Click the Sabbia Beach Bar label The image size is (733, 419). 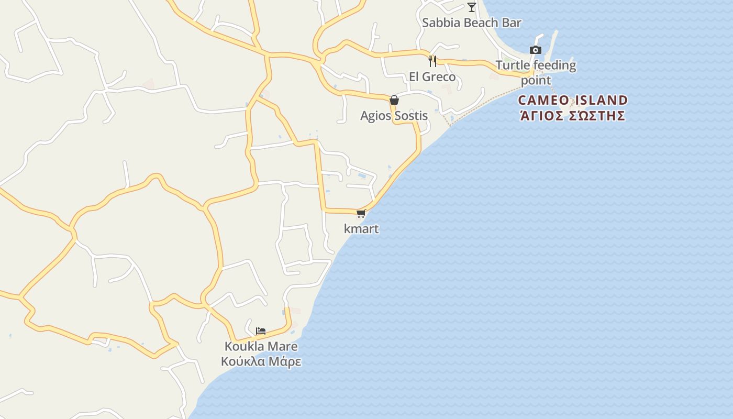[471, 23]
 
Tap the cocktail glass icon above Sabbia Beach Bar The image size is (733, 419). [472, 7]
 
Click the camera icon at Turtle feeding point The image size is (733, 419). [535, 50]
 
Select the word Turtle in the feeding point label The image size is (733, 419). [512, 65]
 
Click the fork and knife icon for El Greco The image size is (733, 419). [432, 61]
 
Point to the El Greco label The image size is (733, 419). [432, 77]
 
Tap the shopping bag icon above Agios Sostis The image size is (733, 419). [394, 100]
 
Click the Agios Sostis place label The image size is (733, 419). [394, 116]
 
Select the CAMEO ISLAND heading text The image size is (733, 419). [573, 100]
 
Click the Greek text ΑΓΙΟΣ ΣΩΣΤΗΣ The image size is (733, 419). [573, 115]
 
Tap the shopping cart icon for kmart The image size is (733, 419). [361, 213]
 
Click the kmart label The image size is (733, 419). [361, 229]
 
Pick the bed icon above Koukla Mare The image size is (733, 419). [261, 330]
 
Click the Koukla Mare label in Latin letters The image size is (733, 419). [261, 346]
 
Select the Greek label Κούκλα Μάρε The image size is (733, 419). [261, 361]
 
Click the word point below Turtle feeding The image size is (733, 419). [536, 81]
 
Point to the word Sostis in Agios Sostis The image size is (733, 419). [411, 116]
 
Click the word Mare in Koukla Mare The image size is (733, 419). [283, 346]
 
